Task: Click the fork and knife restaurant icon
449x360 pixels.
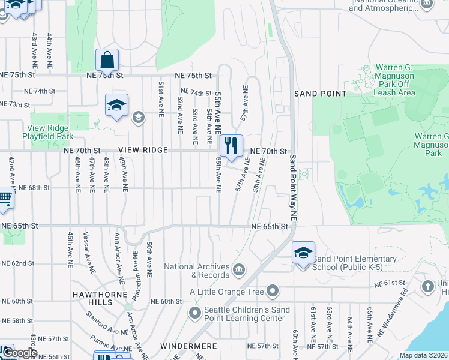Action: (x=231, y=146)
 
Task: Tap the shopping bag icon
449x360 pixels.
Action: (x=107, y=60)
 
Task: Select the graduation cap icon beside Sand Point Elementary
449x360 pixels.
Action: (x=303, y=253)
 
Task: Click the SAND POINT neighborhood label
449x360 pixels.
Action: (x=320, y=94)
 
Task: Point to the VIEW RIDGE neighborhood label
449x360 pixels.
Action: (x=142, y=150)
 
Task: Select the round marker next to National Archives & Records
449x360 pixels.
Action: (x=240, y=268)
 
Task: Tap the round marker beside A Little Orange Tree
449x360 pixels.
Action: (x=273, y=292)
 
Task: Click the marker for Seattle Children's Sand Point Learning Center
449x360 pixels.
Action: (x=194, y=313)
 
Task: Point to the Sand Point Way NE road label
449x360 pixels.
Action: (x=294, y=187)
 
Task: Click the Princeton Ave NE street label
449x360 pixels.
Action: (x=136, y=268)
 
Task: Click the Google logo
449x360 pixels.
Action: (x=20, y=353)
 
